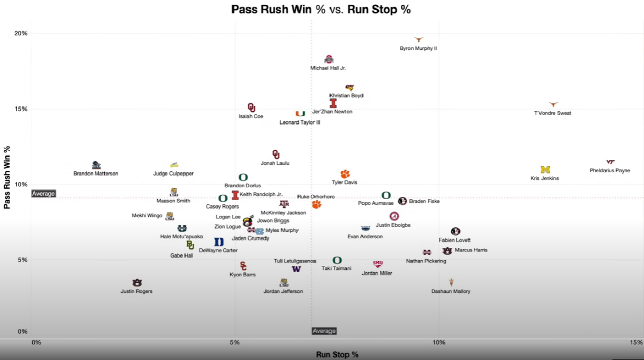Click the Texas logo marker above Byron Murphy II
tap(419, 39)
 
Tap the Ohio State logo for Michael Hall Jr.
tap(329, 59)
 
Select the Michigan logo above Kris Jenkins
tap(545, 170)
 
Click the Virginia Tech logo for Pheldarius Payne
tap(610, 161)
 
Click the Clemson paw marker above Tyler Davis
tap(345, 174)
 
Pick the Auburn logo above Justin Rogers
tap(137, 283)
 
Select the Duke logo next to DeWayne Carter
tap(219, 242)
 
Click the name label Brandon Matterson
tap(96, 174)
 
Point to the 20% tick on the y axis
tap(21, 33)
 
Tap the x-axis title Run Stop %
tap(337, 355)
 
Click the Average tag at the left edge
tap(43, 194)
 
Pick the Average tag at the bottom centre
tap(324, 331)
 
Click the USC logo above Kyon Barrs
tap(244, 266)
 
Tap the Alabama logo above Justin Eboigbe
tap(394, 216)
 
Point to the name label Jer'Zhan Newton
tap(332, 112)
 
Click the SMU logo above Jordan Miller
tap(378, 264)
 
